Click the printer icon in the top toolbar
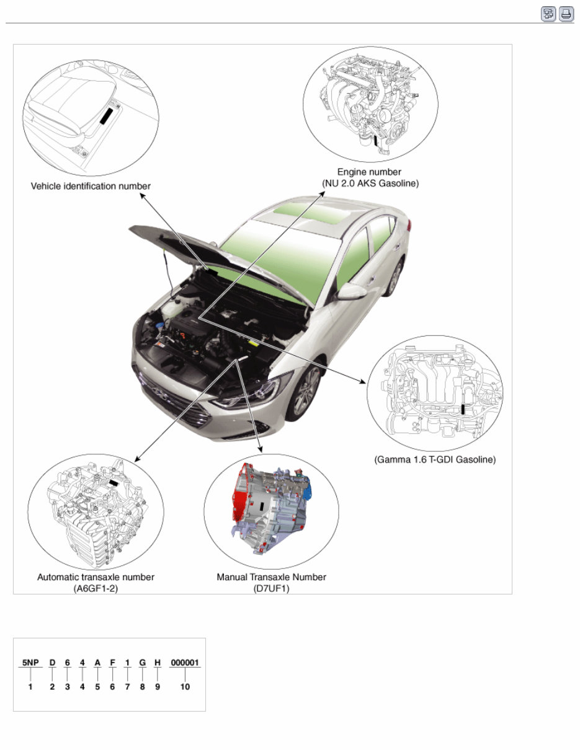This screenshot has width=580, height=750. pos(566,14)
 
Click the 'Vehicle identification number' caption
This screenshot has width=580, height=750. pos(91,186)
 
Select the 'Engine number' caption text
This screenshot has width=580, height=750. pos(369,172)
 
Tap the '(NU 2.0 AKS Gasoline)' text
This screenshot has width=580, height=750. pos(370,183)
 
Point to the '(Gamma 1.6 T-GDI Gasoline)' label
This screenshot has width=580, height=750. pos(435,460)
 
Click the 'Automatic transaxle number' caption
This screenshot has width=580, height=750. pos(96,577)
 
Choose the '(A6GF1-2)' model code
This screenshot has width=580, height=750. pos(96,588)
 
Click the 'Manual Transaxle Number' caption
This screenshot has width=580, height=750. pos(271,577)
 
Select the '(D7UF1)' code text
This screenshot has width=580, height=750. pos(271,588)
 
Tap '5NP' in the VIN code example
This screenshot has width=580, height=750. pos(30,662)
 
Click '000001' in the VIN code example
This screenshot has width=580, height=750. pos(184,662)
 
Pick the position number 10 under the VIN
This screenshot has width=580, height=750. pos(184,687)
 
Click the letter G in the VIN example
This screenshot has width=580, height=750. pos(142,662)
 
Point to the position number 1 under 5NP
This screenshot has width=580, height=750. pos(30,687)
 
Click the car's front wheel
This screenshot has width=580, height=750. pos(306,392)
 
